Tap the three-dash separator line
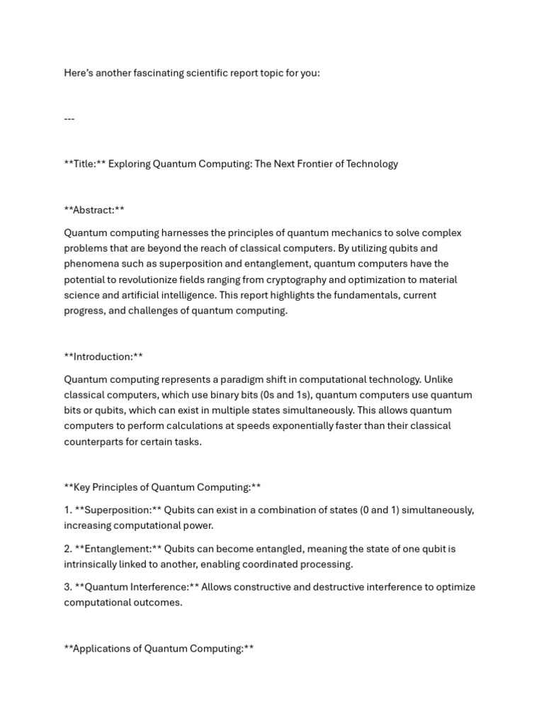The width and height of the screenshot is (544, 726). [x=69, y=118]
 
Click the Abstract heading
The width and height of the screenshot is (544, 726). [x=94, y=210]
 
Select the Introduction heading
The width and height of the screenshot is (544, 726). [x=103, y=357]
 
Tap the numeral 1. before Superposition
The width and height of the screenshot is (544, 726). [x=68, y=510]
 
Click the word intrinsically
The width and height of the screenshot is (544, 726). [x=93, y=564]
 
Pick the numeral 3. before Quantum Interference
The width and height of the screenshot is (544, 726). [x=69, y=587]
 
